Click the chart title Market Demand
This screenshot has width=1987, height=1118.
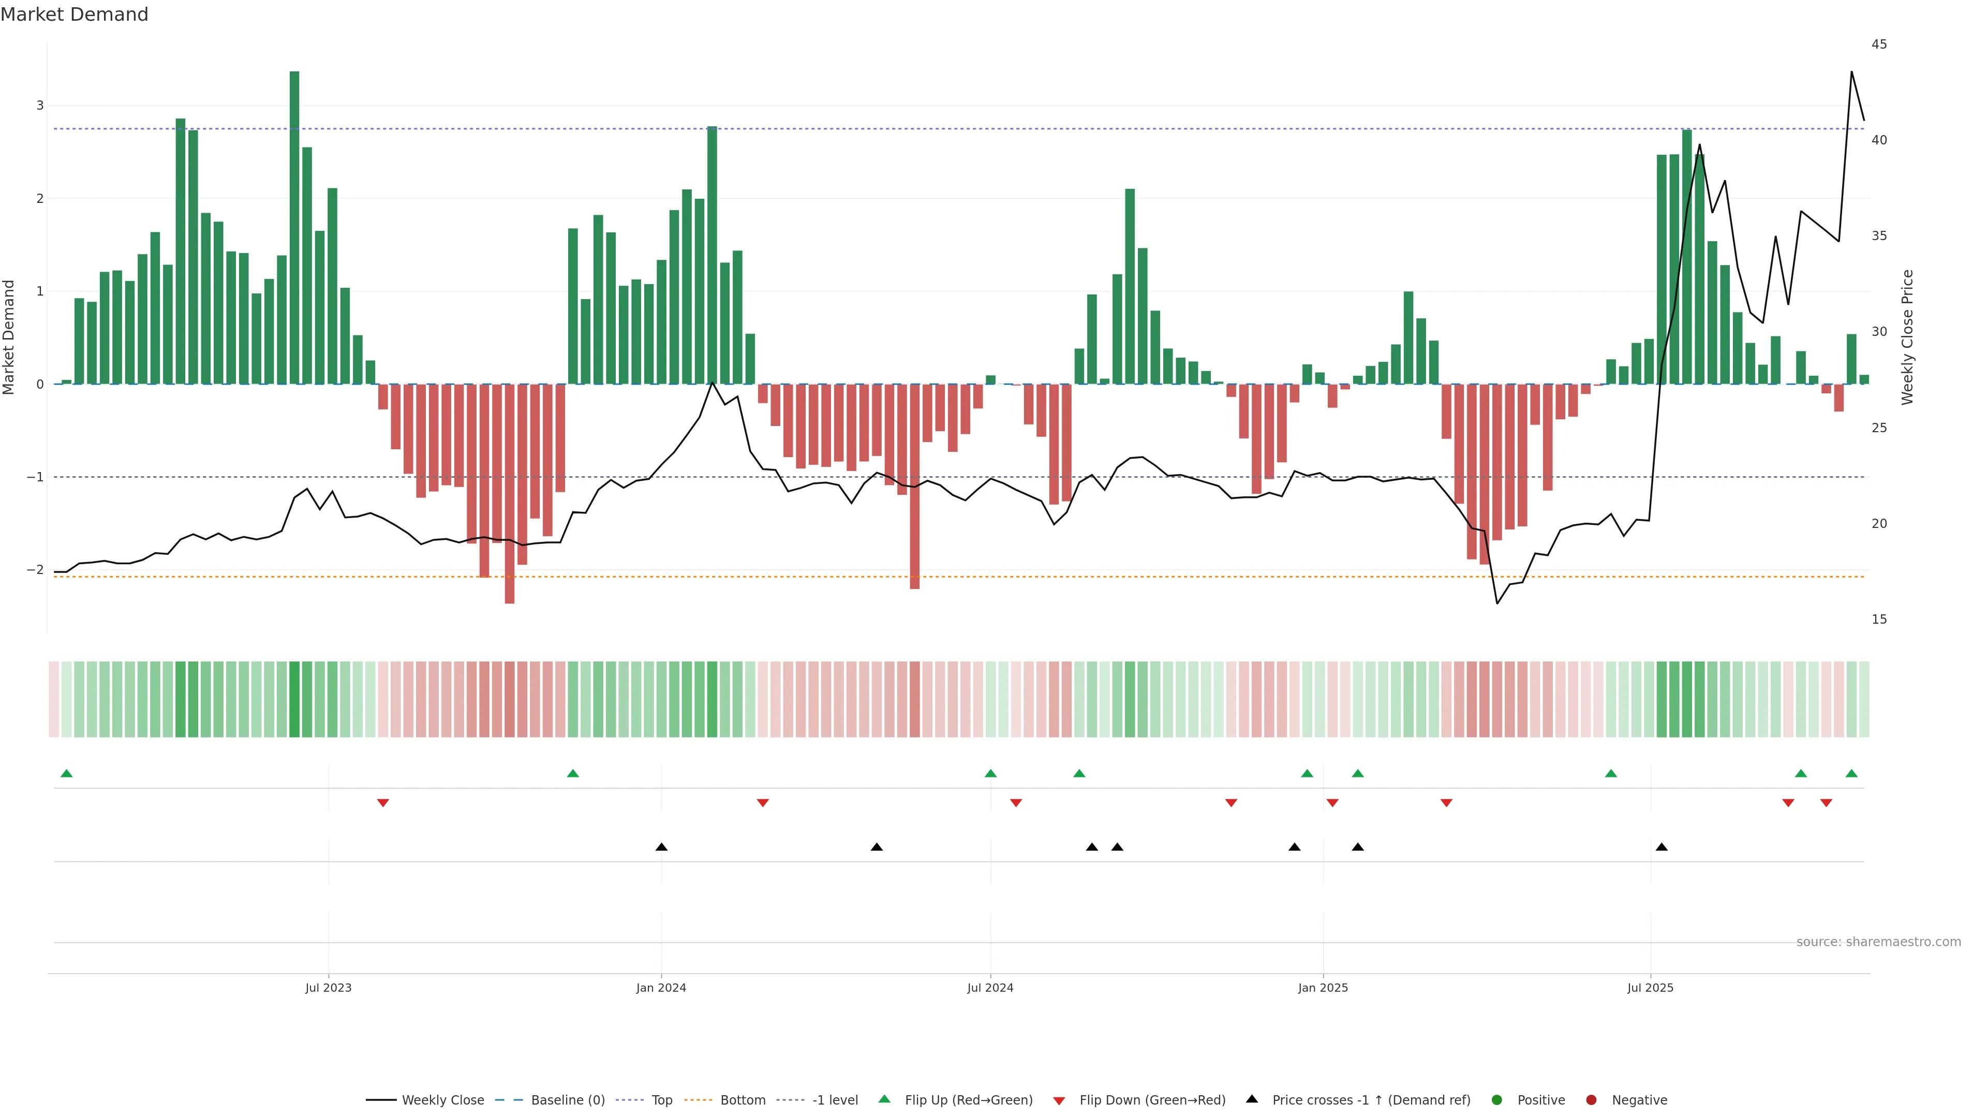[74, 14]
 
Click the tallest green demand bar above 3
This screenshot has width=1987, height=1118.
[294, 228]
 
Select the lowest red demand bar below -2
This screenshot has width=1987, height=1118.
[509, 494]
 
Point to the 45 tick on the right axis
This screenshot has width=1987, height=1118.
[1879, 45]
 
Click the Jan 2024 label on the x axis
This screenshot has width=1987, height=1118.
[661, 988]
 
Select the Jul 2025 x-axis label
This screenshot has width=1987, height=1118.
[1650, 988]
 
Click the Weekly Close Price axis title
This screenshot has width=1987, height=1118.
[1907, 337]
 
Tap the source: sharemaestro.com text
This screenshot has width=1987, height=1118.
[1878, 942]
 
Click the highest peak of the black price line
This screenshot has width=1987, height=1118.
[1851, 72]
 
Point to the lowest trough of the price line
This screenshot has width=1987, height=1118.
[1497, 604]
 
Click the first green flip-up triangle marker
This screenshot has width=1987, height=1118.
[66, 773]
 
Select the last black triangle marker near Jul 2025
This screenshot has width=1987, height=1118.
[1662, 847]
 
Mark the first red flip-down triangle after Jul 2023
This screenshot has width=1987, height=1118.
[382, 803]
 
